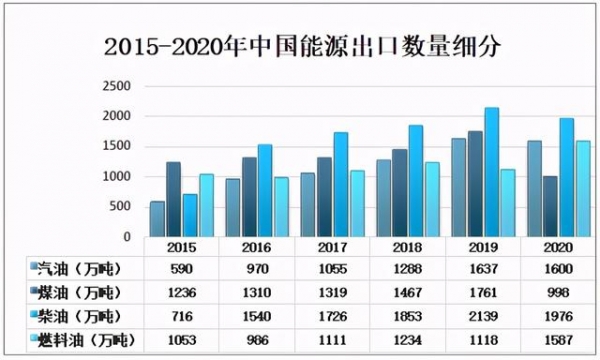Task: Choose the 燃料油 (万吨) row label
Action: point(82,341)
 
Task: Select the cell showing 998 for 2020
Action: point(557,293)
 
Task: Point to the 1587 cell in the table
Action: point(557,341)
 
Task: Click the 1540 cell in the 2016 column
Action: point(258,317)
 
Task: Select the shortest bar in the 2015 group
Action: point(157,219)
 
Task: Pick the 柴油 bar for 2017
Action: point(341,185)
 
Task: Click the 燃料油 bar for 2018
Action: point(432,200)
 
